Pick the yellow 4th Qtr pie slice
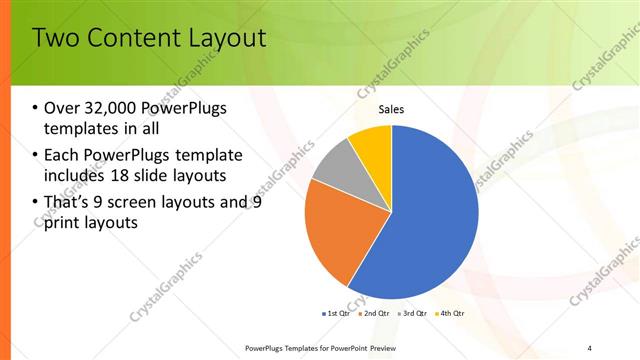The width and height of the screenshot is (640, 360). coord(373,143)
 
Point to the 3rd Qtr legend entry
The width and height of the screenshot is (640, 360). coord(413,313)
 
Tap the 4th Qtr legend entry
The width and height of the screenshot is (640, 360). coord(451,313)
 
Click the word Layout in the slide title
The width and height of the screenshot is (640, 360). coord(229,39)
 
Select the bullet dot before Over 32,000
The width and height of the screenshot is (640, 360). coord(36,108)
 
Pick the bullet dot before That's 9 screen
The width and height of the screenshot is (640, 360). coord(36,203)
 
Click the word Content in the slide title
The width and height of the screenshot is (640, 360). coord(129,39)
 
